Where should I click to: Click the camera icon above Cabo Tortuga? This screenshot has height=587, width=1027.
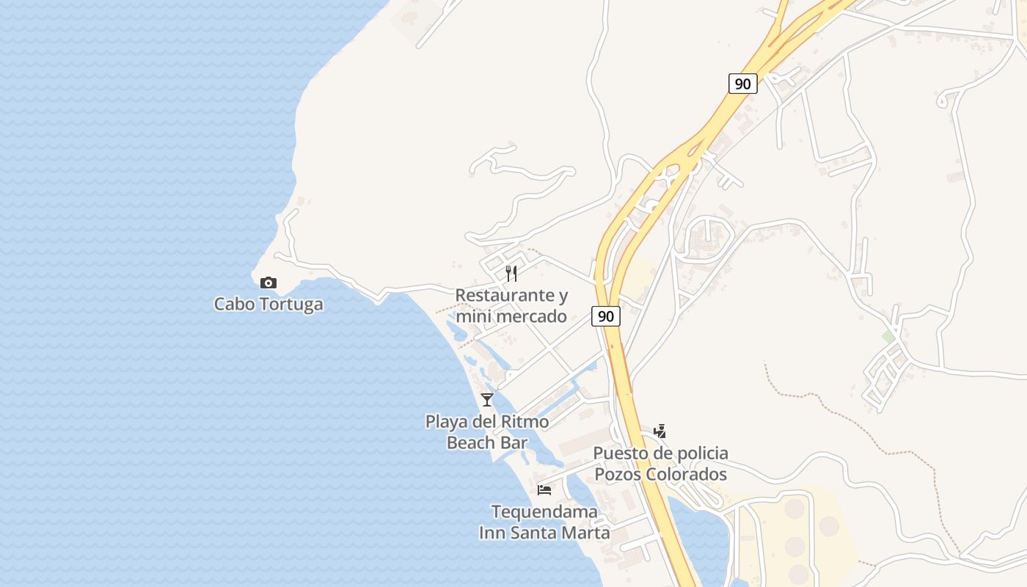(x=268, y=282)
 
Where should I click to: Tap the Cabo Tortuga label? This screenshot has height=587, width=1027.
(x=268, y=304)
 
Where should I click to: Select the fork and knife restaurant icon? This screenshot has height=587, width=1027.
(x=511, y=274)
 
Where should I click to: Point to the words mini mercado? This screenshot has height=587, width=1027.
(x=511, y=316)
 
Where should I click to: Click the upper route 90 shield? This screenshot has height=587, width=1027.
(x=742, y=84)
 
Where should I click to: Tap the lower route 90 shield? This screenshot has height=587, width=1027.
(x=605, y=316)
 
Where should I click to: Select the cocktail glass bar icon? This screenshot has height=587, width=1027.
(x=487, y=400)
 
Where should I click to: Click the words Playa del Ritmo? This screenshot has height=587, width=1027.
(x=487, y=422)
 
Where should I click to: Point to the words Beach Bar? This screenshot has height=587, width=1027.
(x=487, y=442)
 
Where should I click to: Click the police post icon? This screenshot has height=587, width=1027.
(x=660, y=431)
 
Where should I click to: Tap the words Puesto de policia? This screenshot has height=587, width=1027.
(x=660, y=453)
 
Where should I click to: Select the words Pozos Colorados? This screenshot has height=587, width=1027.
(x=660, y=474)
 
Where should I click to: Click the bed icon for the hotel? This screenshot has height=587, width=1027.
(x=544, y=489)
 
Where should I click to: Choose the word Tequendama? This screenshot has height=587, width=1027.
(x=544, y=511)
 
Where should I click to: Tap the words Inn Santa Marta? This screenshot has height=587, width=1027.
(x=544, y=532)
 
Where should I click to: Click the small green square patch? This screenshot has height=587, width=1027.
(x=888, y=337)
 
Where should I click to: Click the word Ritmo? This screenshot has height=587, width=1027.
(x=525, y=422)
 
